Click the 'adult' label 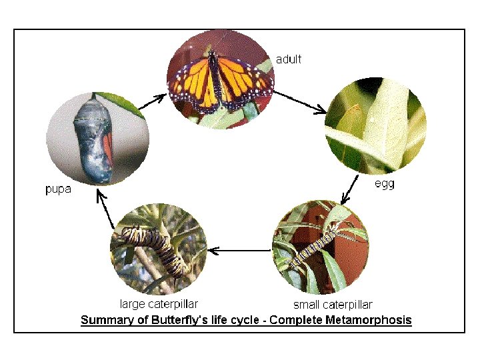(289, 59)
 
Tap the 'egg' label (384, 184)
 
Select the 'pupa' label (58, 189)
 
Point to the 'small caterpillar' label (333, 305)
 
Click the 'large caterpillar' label (159, 305)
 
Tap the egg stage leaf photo (374, 126)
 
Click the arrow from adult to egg (301, 102)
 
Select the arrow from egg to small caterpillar (350, 190)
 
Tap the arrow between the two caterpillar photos (239, 251)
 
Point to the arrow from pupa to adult (153, 101)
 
